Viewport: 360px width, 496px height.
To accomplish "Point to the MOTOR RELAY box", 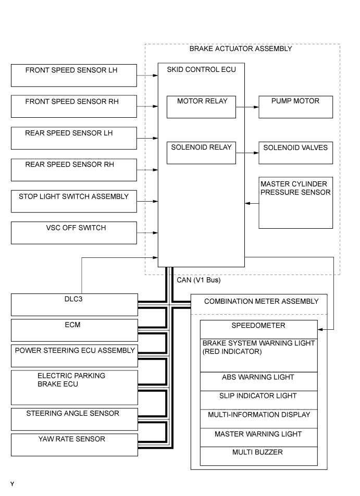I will coord(201,107).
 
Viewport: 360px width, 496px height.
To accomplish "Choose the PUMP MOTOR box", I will coord(295,107).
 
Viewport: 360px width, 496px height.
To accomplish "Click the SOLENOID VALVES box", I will coord(295,153).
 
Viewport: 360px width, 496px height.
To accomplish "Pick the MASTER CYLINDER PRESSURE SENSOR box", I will coord(295,203).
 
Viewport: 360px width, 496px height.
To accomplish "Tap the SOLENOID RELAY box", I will coord(201,153).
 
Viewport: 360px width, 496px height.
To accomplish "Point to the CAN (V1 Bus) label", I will coord(199,280).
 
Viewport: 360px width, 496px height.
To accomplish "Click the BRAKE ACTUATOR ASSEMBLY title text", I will coord(240,49).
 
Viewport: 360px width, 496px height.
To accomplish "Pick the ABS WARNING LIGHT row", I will coord(258,381).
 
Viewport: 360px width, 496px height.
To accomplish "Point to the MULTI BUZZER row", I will coord(258,456).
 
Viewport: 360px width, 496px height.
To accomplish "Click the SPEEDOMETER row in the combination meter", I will coord(258,329).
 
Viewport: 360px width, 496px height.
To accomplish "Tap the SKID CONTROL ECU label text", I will coord(197,69).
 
